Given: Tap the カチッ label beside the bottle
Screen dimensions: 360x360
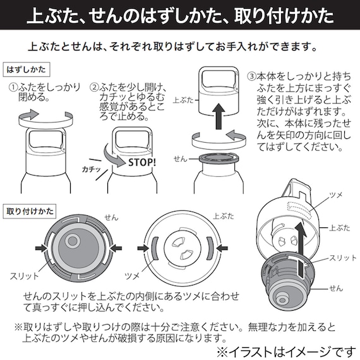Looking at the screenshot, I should pyautogui.click(x=93, y=170).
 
